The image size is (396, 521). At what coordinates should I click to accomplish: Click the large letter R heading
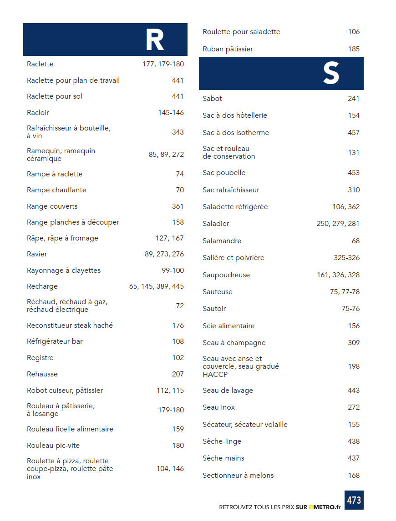154,40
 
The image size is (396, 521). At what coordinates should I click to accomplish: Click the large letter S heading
331,74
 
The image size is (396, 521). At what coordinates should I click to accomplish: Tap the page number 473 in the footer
354,500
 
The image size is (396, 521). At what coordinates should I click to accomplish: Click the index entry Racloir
38,112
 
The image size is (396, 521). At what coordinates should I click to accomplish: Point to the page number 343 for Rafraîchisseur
178,132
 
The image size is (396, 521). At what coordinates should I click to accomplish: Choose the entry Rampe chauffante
56,190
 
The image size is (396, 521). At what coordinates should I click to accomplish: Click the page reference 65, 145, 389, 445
157,286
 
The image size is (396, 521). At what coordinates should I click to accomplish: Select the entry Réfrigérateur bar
55,341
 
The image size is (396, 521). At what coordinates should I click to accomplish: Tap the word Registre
40,358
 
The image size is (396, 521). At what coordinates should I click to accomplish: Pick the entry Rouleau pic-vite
53,446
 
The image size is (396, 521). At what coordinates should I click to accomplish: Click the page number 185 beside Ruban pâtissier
354,49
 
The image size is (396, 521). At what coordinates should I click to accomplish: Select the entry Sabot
212,99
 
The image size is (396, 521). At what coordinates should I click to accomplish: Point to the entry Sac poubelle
224,173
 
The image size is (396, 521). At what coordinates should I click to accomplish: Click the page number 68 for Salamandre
355,241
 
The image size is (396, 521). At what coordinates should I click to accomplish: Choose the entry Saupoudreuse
226,275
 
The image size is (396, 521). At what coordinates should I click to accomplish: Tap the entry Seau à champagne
234,343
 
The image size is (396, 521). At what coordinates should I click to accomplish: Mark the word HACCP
215,375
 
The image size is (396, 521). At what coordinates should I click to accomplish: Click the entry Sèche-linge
222,441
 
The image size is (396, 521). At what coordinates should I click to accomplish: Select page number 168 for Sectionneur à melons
354,476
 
